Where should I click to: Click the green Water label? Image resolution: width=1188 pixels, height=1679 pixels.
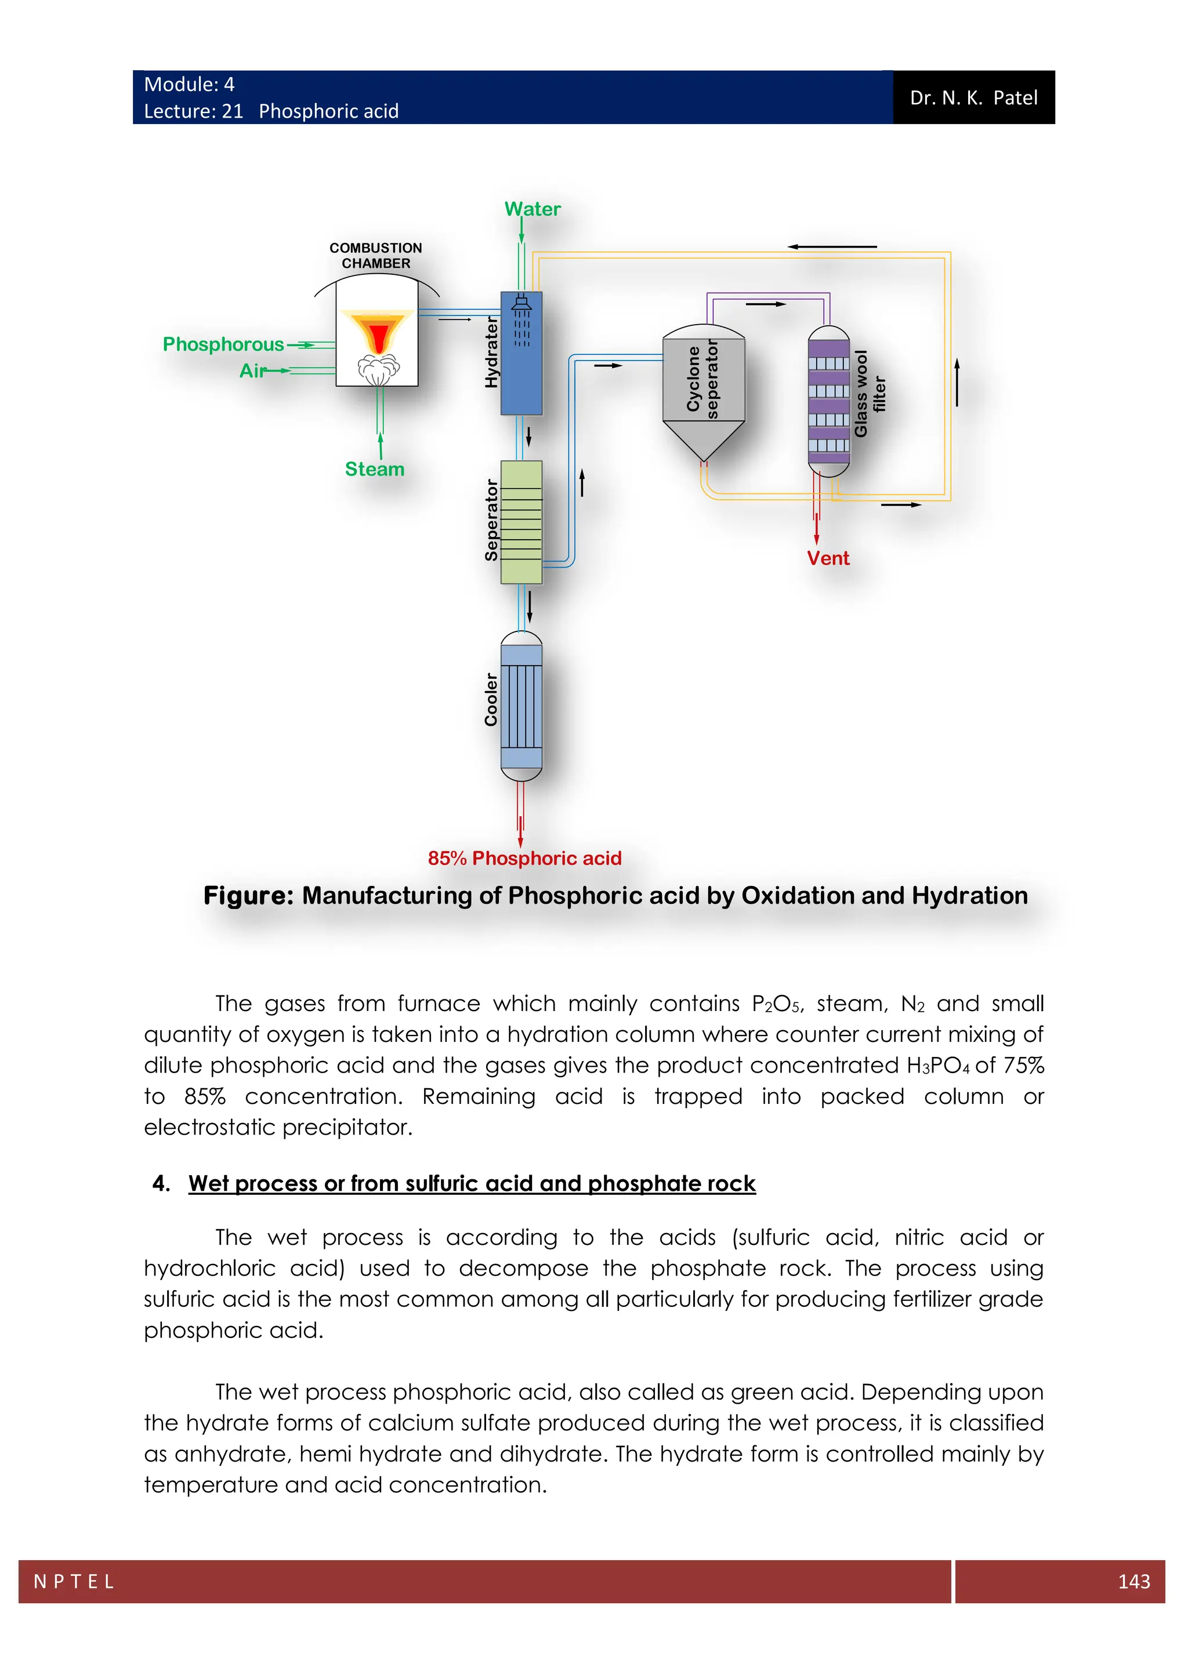pyautogui.click(x=532, y=209)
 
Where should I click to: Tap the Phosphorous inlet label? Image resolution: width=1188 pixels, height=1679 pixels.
pyautogui.click(x=223, y=344)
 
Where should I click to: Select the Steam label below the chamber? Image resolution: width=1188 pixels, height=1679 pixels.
pyautogui.click(x=375, y=470)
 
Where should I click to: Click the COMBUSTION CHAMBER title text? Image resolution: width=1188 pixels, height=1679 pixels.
pyautogui.click(x=375, y=255)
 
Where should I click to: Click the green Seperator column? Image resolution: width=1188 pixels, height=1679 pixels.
pyautogui.click(x=521, y=522)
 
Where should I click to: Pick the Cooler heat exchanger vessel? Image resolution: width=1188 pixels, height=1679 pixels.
pyautogui.click(x=521, y=706)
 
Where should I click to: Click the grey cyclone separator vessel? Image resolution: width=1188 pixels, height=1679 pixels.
pyautogui.click(x=703, y=391)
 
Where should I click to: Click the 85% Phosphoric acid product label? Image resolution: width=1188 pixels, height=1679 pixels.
pyautogui.click(x=524, y=859)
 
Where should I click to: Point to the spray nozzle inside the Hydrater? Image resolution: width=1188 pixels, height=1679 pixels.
pyautogui.click(x=521, y=303)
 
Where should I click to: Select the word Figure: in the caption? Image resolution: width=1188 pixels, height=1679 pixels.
pyautogui.click(x=248, y=896)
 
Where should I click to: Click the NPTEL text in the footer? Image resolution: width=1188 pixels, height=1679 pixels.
pyautogui.click(x=74, y=1582)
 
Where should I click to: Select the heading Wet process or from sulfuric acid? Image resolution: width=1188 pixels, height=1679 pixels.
pyautogui.click(x=471, y=1183)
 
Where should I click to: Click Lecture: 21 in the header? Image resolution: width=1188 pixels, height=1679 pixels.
pyautogui.click(x=193, y=111)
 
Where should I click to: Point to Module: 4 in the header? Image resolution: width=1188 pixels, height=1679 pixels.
pyautogui.click(x=189, y=85)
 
